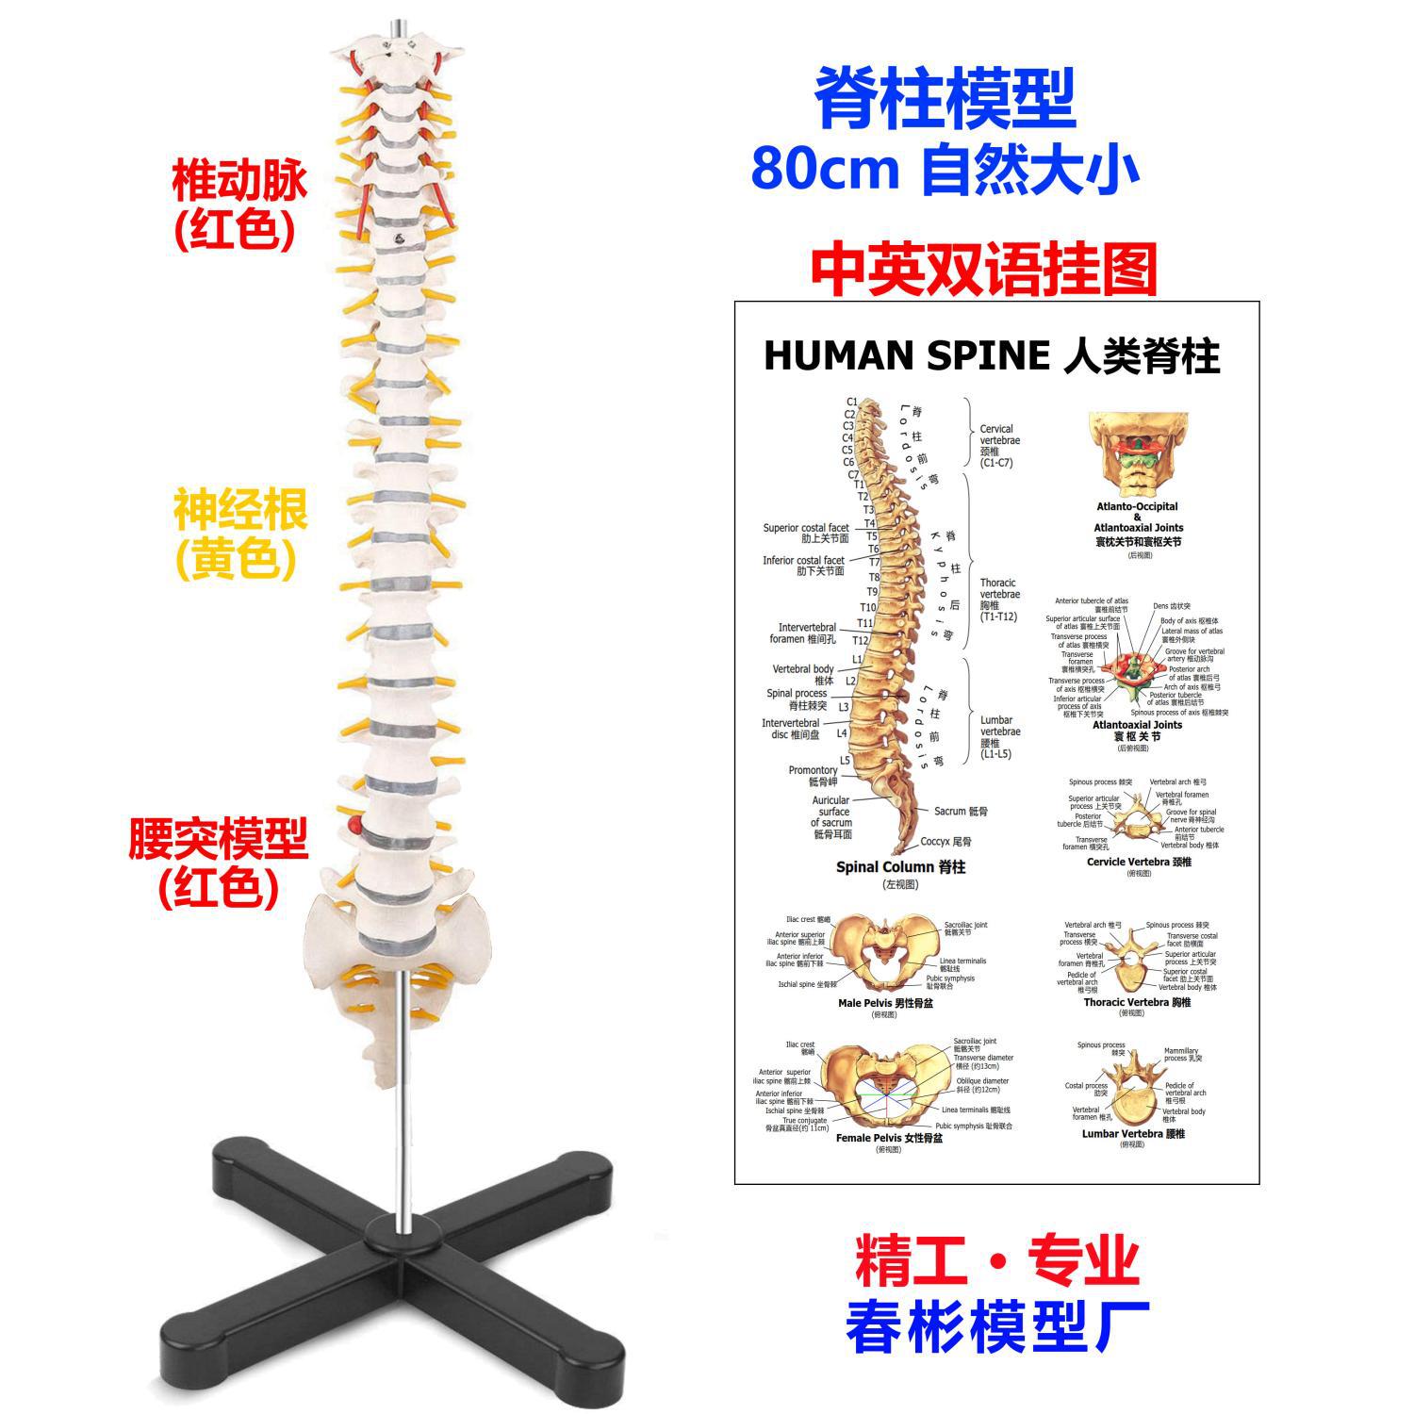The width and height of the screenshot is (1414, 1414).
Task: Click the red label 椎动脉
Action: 239,183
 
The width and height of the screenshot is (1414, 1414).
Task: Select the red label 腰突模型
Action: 219,838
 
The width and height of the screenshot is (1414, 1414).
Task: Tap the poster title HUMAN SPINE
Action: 906,356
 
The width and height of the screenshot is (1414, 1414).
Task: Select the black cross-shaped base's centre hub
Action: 406,1232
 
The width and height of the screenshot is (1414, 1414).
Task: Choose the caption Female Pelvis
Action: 868,1138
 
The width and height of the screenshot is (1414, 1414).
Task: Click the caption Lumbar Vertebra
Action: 1122,1133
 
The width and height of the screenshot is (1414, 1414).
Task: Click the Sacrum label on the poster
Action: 950,811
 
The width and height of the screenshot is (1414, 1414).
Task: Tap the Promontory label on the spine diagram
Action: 813,770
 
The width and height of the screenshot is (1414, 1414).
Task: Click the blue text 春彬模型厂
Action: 997,1326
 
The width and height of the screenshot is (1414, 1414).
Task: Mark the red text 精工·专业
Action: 997,1261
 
